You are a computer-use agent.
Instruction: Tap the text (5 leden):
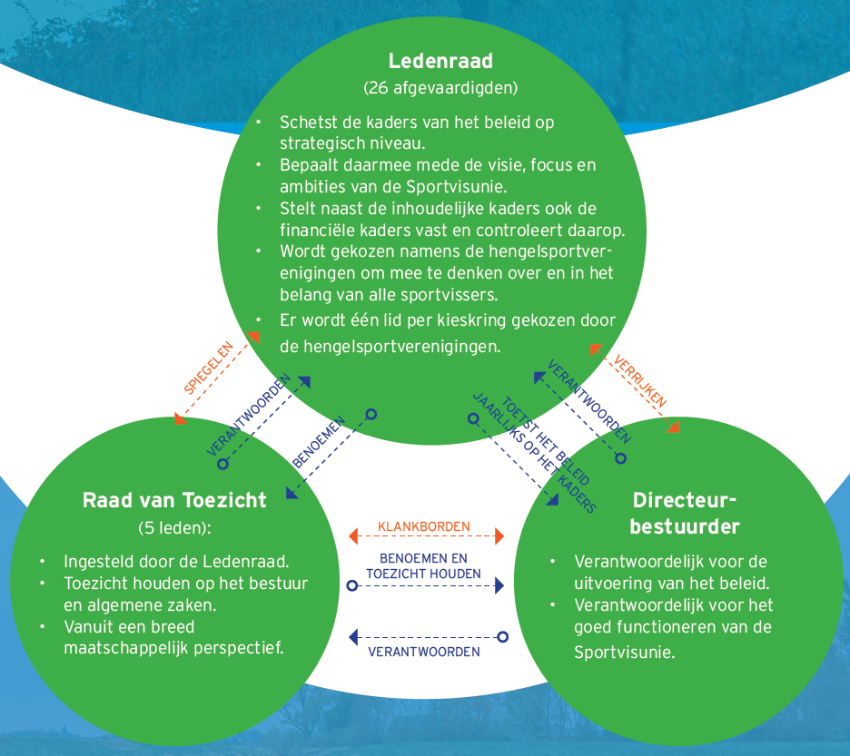pyautogui.click(x=174, y=527)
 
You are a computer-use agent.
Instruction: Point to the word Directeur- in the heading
pyautogui.click(x=684, y=500)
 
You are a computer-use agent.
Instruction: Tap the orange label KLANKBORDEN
pyautogui.click(x=424, y=526)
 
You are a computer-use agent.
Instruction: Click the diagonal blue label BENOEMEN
pyautogui.click(x=318, y=444)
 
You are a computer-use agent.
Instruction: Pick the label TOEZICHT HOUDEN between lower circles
pyautogui.click(x=424, y=574)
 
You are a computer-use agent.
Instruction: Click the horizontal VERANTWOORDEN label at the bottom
pyautogui.click(x=424, y=652)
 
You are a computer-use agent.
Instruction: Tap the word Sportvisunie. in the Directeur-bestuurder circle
pyautogui.click(x=625, y=652)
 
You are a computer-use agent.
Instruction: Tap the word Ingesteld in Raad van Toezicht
pyautogui.click(x=96, y=561)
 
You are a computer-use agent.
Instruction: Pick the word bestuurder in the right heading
pyautogui.click(x=684, y=526)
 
